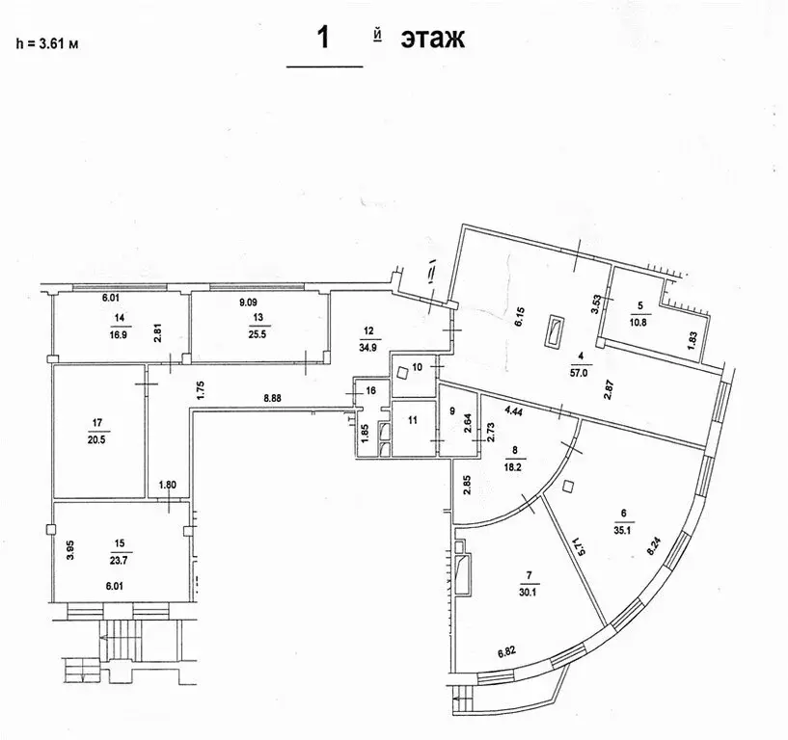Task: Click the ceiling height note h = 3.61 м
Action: click(46, 41)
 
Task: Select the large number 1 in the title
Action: click(325, 39)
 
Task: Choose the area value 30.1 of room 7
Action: click(527, 593)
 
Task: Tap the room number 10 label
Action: click(418, 367)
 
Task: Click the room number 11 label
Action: click(412, 421)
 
